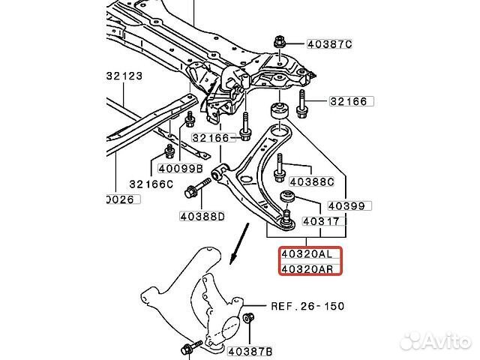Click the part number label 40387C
327,44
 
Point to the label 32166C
150,184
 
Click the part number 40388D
202,217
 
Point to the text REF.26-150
297,307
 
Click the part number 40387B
250,349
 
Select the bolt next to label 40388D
190,191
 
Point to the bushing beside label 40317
286,198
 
